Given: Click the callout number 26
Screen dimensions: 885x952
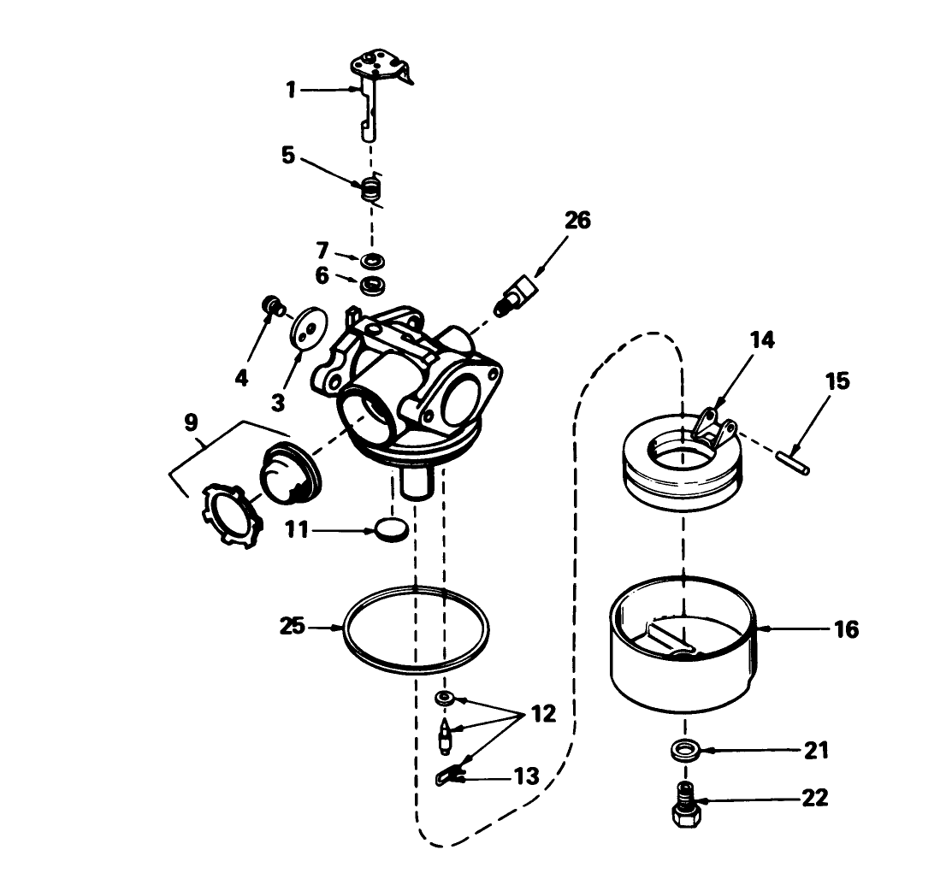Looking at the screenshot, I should (x=577, y=221).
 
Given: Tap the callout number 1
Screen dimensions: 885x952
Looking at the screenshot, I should (x=292, y=90).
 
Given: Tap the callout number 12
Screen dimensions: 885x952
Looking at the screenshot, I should (x=542, y=713).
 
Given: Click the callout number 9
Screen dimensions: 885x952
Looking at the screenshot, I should (x=190, y=422).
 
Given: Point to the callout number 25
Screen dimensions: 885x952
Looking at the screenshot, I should (x=293, y=627).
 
